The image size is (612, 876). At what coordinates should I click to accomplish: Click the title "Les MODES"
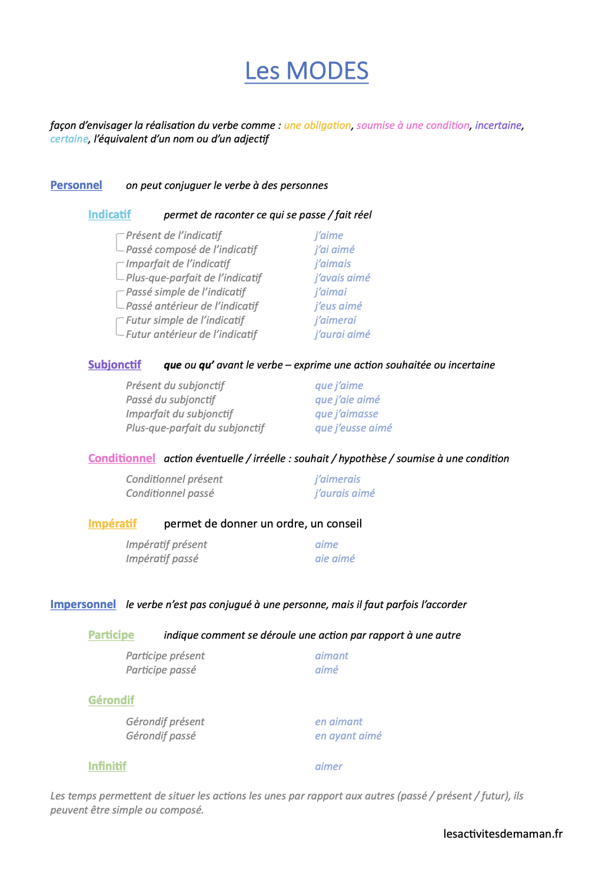pyautogui.click(x=307, y=71)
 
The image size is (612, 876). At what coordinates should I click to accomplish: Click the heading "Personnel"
pyautogui.click(x=76, y=185)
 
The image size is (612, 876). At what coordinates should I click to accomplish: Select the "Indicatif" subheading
pyautogui.click(x=109, y=215)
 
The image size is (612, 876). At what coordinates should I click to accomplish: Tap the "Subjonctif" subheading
pyautogui.click(x=115, y=365)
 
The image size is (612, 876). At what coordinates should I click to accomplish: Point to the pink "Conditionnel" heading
pyautogui.click(x=122, y=459)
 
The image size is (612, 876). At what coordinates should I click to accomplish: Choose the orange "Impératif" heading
pyautogui.click(x=112, y=524)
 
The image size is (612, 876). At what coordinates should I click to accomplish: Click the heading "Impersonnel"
pyautogui.click(x=83, y=605)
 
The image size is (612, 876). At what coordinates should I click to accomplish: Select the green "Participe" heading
pyautogui.click(x=111, y=635)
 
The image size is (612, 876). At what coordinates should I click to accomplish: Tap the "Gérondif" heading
pyautogui.click(x=111, y=701)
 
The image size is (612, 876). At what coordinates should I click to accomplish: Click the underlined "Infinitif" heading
pyautogui.click(x=107, y=766)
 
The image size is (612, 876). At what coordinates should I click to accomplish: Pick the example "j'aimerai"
pyautogui.click(x=335, y=320)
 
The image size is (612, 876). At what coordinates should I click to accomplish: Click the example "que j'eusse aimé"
pyautogui.click(x=353, y=428)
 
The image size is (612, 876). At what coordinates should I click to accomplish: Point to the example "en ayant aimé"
pyautogui.click(x=348, y=736)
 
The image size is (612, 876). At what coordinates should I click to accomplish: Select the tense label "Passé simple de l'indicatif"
pyautogui.click(x=185, y=292)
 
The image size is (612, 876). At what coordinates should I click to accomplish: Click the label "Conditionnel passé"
pyautogui.click(x=170, y=493)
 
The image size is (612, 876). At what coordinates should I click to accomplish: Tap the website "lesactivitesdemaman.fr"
pyautogui.click(x=503, y=834)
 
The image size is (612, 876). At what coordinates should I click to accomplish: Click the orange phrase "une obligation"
pyautogui.click(x=317, y=125)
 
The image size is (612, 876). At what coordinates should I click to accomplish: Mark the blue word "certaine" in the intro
pyautogui.click(x=69, y=139)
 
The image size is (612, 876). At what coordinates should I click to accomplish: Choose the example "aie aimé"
pyautogui.click(x=335, y=559)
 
